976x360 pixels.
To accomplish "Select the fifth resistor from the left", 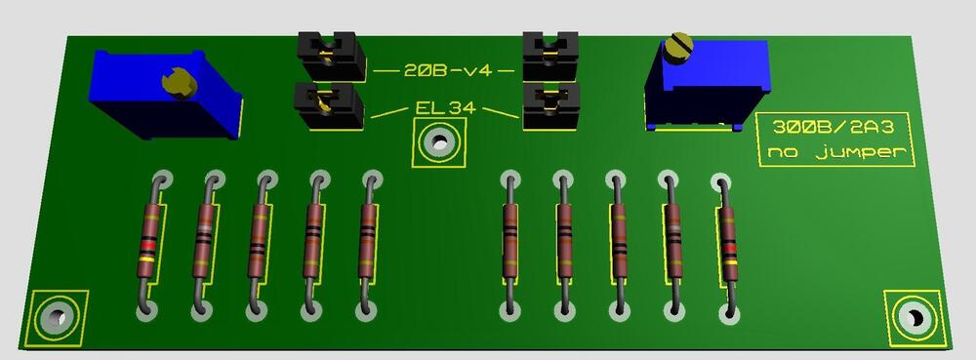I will click(x=367, y=239).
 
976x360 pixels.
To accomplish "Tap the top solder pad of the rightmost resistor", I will click(x=720, y=182).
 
